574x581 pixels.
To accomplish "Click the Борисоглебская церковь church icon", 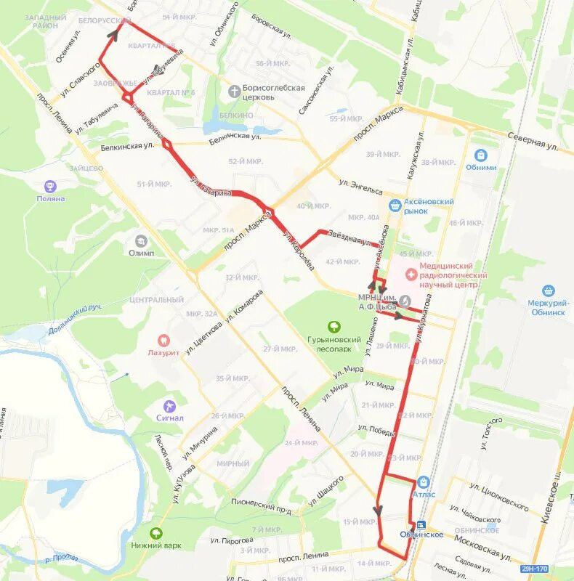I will click(234, 91).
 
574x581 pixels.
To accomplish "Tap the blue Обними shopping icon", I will click(480, 155).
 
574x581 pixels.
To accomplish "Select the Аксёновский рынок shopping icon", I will click(395, 206).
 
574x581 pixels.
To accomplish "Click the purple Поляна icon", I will click(50, 187).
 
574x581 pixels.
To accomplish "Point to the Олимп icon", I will click(141, 240).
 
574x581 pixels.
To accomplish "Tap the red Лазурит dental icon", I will click(163, 339).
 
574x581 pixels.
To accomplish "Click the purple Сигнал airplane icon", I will click(170, 405).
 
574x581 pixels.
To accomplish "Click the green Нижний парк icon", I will click(156, 533).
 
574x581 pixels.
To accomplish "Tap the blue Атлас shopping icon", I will click(424, 482).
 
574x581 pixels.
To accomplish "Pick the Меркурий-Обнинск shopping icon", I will click(548, 290).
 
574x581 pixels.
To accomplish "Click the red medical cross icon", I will click(411, 275).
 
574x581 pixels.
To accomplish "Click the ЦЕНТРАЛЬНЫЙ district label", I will click(156, 299).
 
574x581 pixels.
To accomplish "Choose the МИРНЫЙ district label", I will click(233, 463).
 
